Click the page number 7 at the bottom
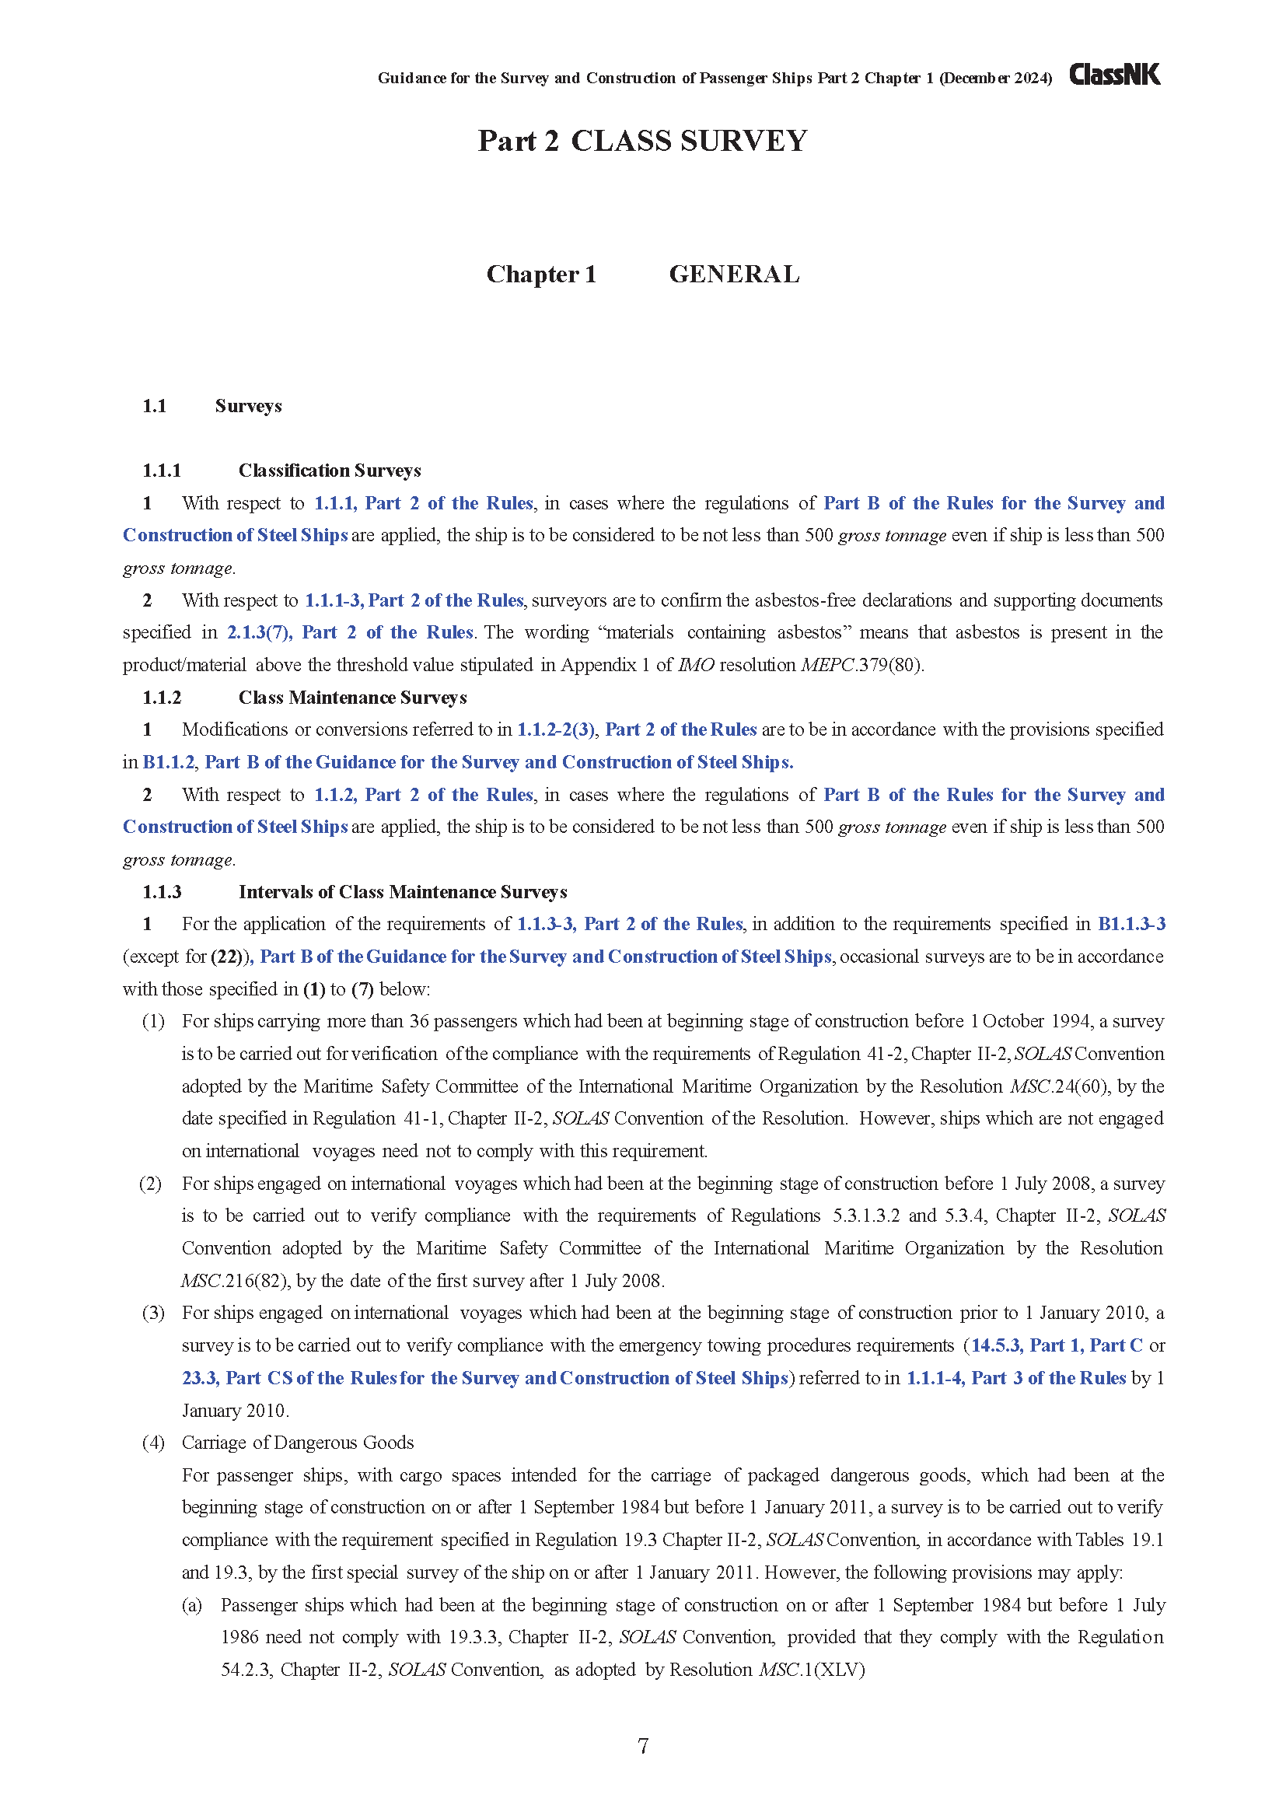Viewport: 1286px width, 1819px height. (x=643, y=1745)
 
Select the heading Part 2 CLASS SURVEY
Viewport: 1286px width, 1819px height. (x=642, y=141)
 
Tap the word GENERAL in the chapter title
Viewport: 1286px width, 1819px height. (x=734, y=274)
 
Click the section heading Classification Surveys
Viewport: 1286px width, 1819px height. (x=330, y=470)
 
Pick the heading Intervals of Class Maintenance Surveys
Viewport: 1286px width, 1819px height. (x=402, y=892)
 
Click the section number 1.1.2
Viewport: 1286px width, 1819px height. (x=162, y=697)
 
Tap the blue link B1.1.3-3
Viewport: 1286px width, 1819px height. (x=1130, y=924)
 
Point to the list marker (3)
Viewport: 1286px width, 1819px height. (x=153, y=1313)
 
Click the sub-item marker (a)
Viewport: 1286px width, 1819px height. (x=191, y=1604)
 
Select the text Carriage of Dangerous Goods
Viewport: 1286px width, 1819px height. (x=298, y=1442)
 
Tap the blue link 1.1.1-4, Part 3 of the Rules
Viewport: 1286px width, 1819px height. (x=1015, y=1378)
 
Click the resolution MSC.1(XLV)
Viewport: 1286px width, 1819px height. (x=812, y=1669)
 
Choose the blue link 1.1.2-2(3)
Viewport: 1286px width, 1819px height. (x=556, y=729)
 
